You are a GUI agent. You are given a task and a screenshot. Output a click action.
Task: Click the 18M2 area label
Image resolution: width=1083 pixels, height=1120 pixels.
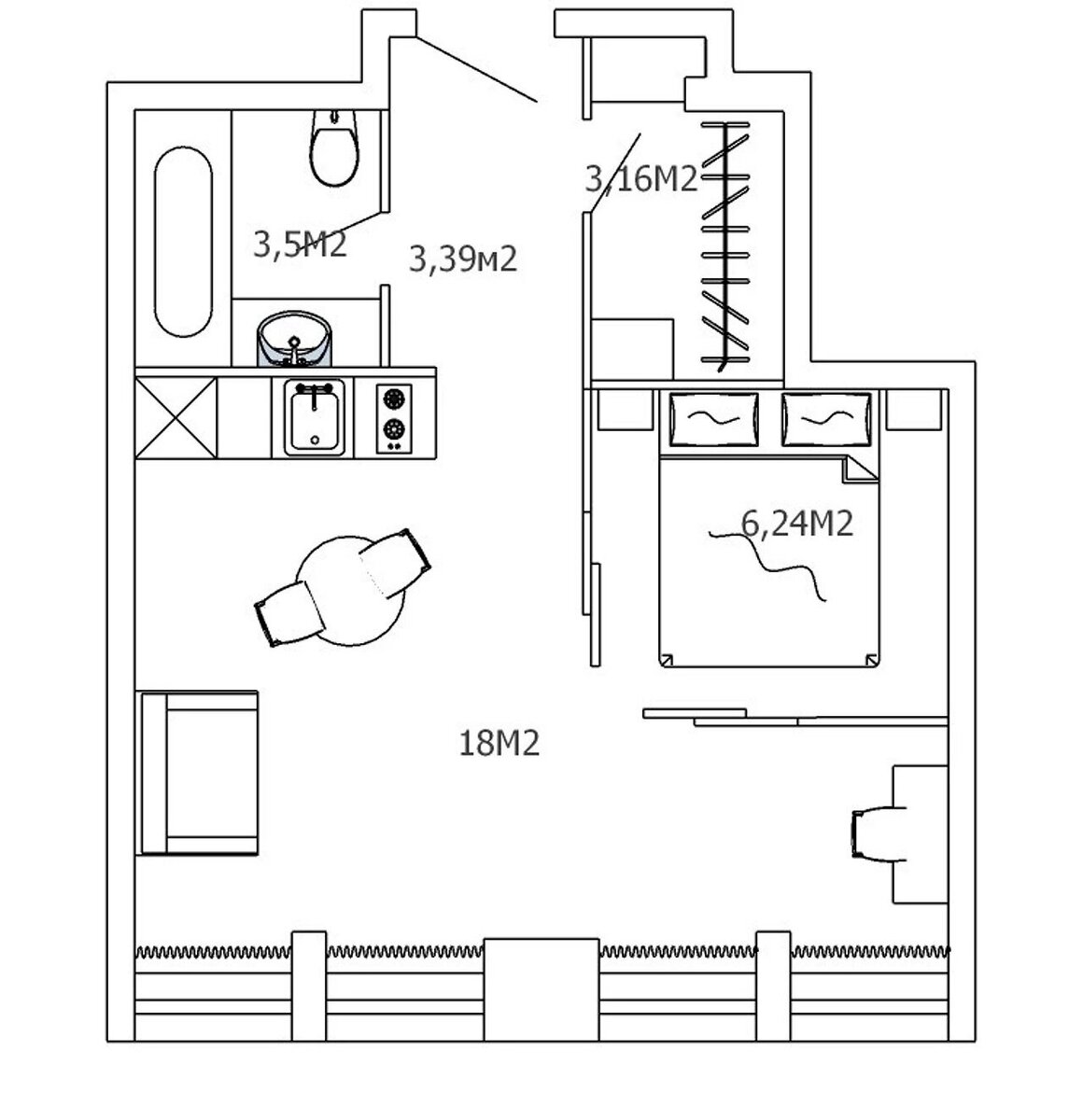coord(499,744)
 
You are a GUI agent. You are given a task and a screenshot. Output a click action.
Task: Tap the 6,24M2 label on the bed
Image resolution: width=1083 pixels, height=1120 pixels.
coord(797,525)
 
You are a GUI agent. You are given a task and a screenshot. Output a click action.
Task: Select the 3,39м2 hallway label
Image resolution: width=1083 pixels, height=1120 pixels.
coord(463,259)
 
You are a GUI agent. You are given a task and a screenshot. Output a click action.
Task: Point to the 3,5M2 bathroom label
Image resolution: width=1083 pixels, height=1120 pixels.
coord(300,245)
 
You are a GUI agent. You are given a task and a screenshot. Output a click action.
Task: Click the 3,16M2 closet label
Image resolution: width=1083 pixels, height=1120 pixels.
coord(641,177)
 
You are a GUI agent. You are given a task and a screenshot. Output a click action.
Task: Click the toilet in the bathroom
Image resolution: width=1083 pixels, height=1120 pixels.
coord(333,149)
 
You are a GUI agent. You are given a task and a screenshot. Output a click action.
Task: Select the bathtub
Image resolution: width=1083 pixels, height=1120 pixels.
coord(183,241)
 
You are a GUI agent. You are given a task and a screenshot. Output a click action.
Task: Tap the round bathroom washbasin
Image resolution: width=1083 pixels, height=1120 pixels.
coord(295,339)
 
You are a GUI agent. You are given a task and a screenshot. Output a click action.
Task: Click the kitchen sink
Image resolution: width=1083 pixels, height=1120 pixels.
coord(314,417)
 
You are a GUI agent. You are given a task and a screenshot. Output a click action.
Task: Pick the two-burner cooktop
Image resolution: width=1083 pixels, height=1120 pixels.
coord(395,416)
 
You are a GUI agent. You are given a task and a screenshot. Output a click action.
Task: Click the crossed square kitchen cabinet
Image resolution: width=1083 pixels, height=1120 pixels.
coord(176,417)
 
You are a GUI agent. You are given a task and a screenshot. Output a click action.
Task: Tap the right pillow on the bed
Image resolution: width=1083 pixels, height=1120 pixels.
coord(826,419)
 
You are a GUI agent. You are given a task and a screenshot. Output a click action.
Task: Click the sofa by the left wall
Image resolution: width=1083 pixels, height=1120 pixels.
coord(197,773)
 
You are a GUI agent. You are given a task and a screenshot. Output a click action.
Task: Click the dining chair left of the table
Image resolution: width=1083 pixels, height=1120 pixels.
coord(287,614)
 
